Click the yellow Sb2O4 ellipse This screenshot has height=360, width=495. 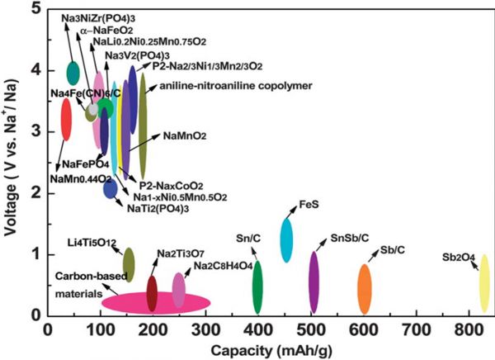pyautogui.click(x=484, y=284)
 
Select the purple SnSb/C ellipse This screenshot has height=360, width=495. pyautogui.click(x=313, y=282)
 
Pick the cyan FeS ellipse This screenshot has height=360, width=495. pyautogui.click(x=286, y=237)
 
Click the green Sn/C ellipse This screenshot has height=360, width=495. pyautogui.click(x=257, y=287)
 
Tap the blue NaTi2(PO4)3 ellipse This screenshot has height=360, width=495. pyautogui.click(x=110, y=189)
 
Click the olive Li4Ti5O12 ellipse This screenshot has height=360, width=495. pyautogui.click(x=128, y=264)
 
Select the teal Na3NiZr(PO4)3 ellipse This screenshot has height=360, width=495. pyautogui.click(x=73, y=73)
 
